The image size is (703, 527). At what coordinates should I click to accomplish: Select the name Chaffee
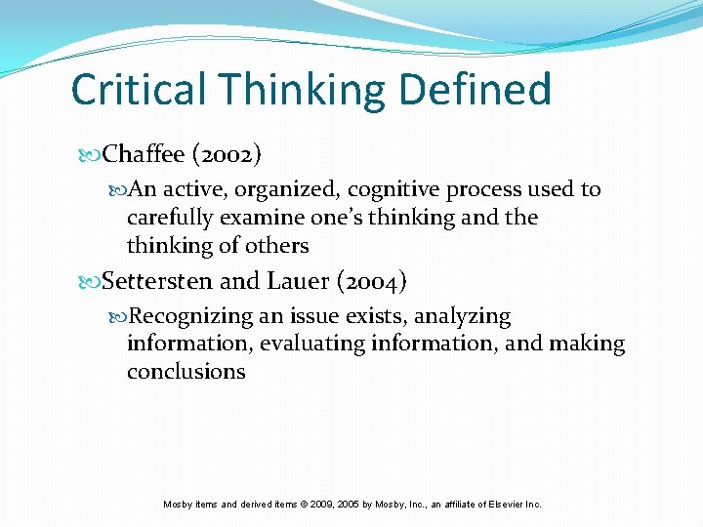coord(145,154)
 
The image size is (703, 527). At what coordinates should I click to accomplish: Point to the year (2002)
coord(227,154)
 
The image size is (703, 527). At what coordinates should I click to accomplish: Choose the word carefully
coord(169,218)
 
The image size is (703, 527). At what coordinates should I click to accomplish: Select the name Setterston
coord(157,282)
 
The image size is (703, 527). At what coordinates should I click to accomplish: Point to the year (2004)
coord(372,282)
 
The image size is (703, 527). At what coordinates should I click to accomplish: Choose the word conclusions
coord(186,372)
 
